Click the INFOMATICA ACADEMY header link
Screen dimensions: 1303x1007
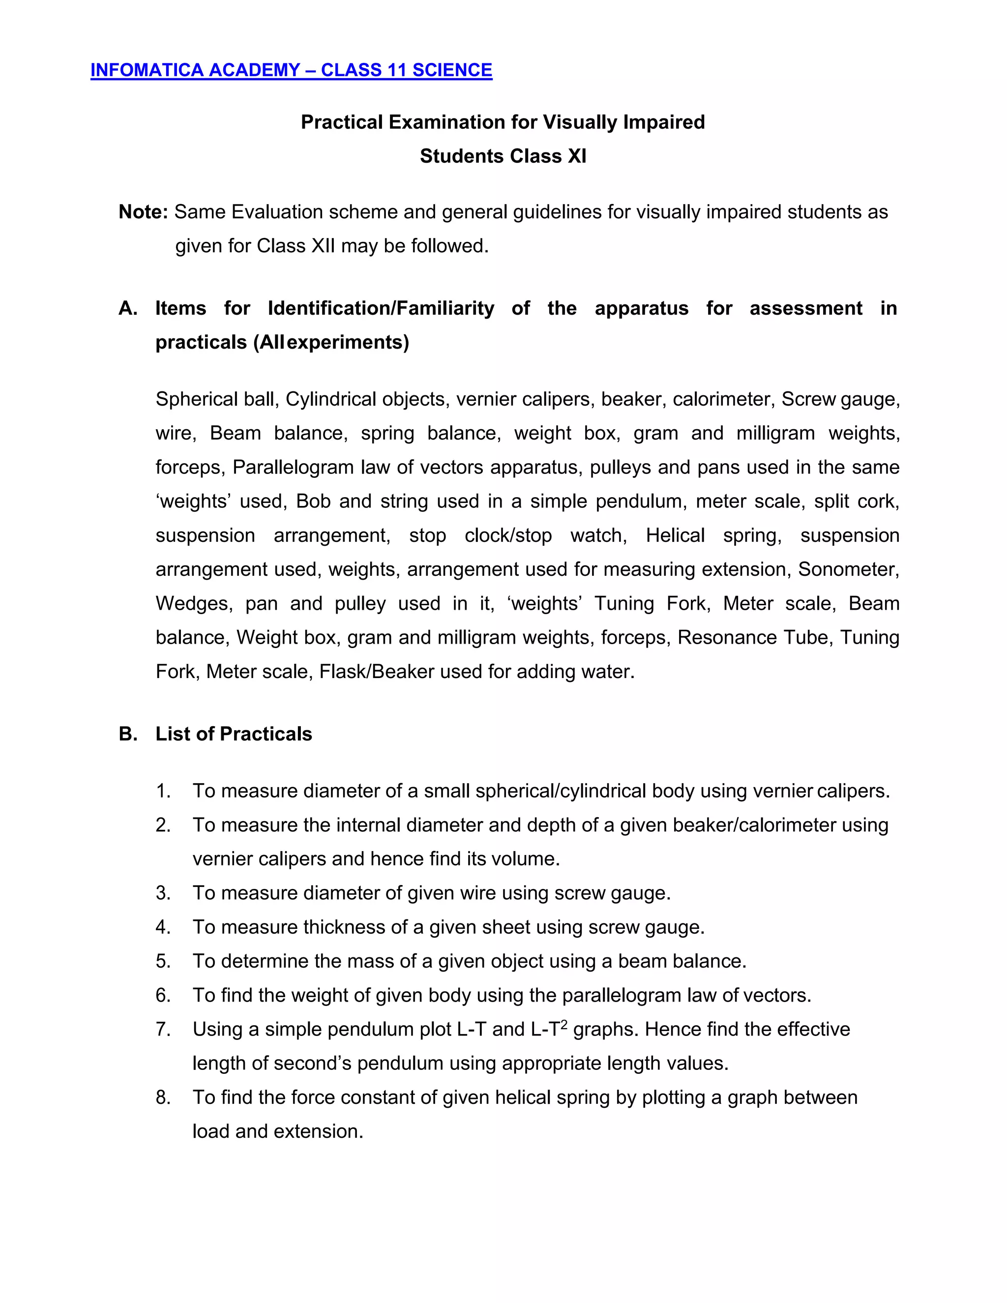point(291,70)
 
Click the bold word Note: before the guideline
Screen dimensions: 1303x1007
point(143,212)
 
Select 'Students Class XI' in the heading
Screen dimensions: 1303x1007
point(503,156)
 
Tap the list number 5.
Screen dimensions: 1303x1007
point(163,961)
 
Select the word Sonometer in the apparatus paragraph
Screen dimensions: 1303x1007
point(848,570)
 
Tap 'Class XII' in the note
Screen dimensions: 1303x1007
point(296,246)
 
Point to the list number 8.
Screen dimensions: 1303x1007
point(163,1097)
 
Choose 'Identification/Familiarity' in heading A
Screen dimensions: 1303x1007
point(381,308)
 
